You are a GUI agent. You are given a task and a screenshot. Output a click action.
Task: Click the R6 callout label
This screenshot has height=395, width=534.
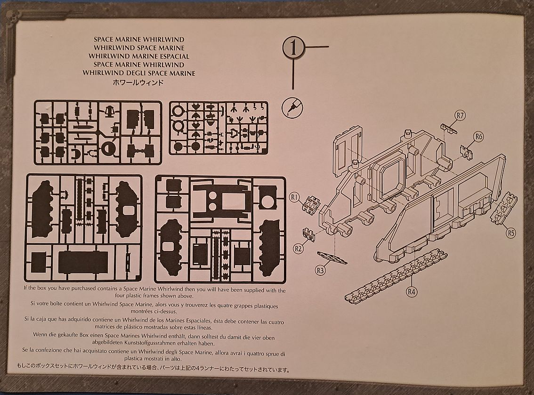pos(479,137)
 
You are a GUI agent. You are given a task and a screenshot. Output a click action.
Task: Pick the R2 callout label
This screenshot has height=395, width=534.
pos(297,248)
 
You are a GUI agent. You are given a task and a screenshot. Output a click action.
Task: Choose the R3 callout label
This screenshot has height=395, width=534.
pos(321,270)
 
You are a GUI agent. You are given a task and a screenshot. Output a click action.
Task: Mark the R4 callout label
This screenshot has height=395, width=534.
pos(412,291)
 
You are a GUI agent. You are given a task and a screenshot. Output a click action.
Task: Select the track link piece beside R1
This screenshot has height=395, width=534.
pos(312,205)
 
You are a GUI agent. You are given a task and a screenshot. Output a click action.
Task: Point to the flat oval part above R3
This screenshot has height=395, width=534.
pos(332,258)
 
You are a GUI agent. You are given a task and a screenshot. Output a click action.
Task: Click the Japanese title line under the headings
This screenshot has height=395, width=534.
pos(138,82)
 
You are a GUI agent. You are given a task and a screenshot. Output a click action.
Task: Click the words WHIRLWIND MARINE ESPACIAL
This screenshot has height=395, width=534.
pos(138,56)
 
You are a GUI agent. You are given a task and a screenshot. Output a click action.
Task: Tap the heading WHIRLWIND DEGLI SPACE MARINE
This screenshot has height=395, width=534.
pos(138,73)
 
